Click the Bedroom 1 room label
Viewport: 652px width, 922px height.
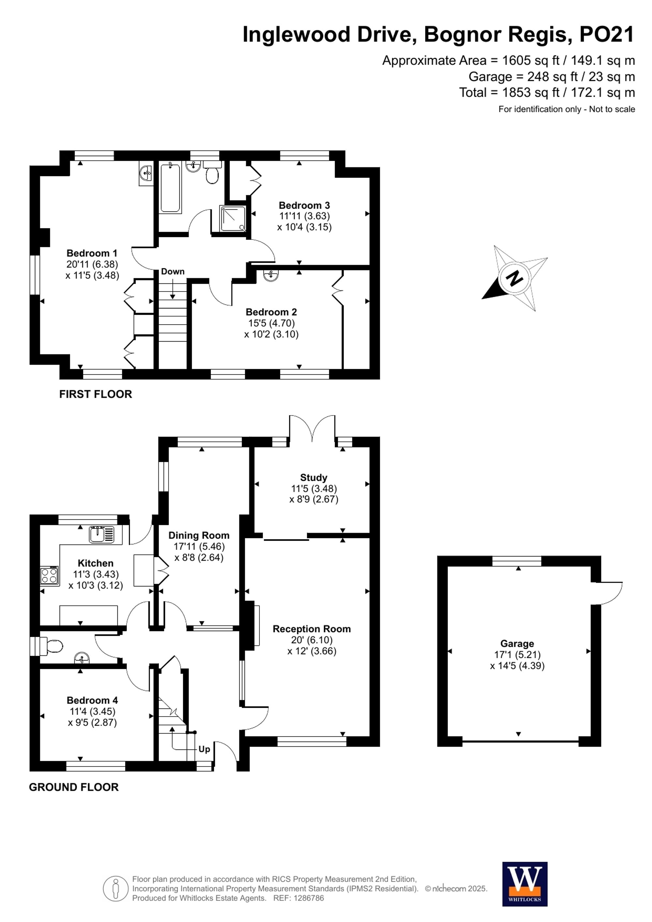tap(92, 253)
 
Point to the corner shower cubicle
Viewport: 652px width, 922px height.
tap(232, 218)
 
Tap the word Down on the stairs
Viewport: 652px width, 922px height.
tap(173, 272)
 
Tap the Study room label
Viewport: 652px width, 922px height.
tap(314, 477)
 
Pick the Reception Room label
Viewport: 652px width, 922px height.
tap(312, 629)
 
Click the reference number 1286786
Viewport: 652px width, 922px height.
tap(308, 898)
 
